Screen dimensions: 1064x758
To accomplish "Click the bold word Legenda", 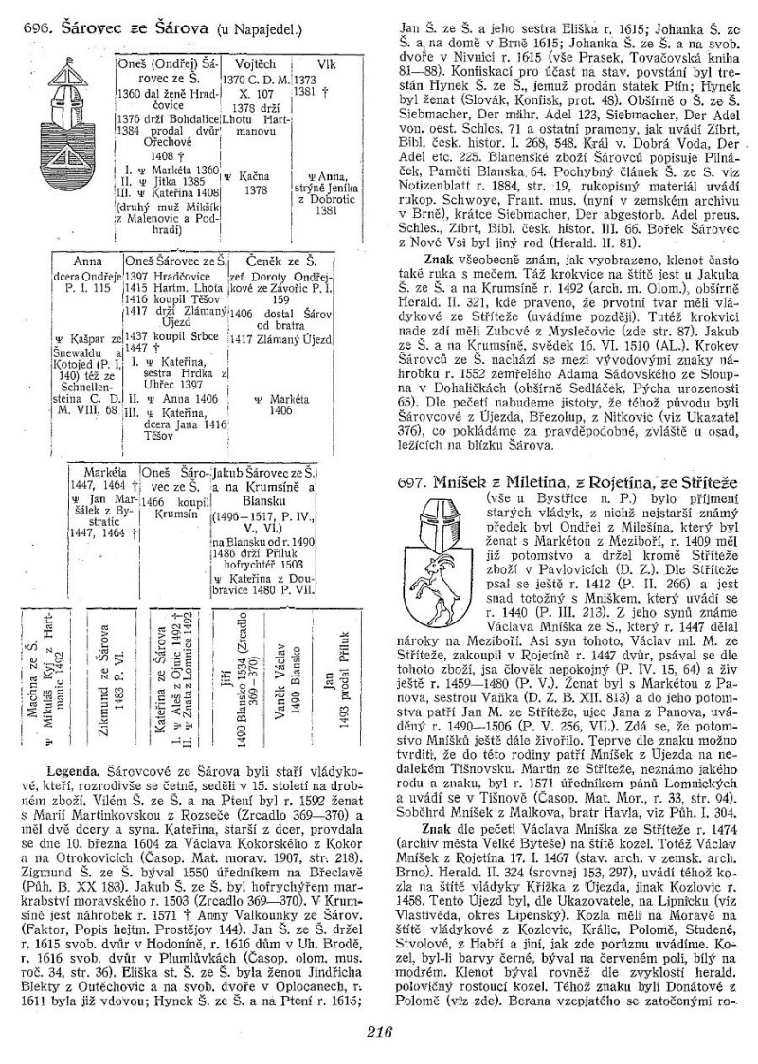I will [x=64, y=757].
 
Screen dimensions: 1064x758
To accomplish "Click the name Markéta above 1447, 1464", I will [x=100, y=471].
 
